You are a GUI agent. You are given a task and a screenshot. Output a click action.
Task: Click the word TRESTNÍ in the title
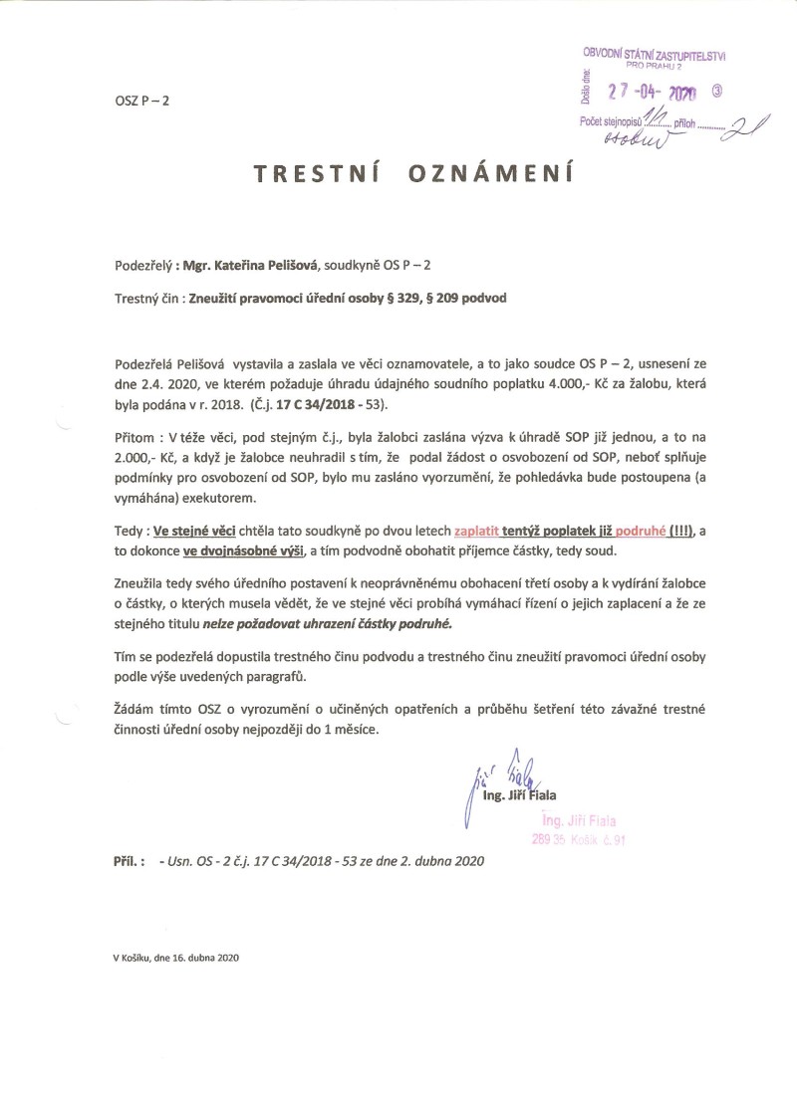[x=310, y=174]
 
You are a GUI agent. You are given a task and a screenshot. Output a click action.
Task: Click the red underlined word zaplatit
[x=483, y=533]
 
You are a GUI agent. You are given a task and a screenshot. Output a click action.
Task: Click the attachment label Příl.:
[x=133, y=862]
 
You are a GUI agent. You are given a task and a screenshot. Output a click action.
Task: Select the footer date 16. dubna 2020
[x=203, y=959]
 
